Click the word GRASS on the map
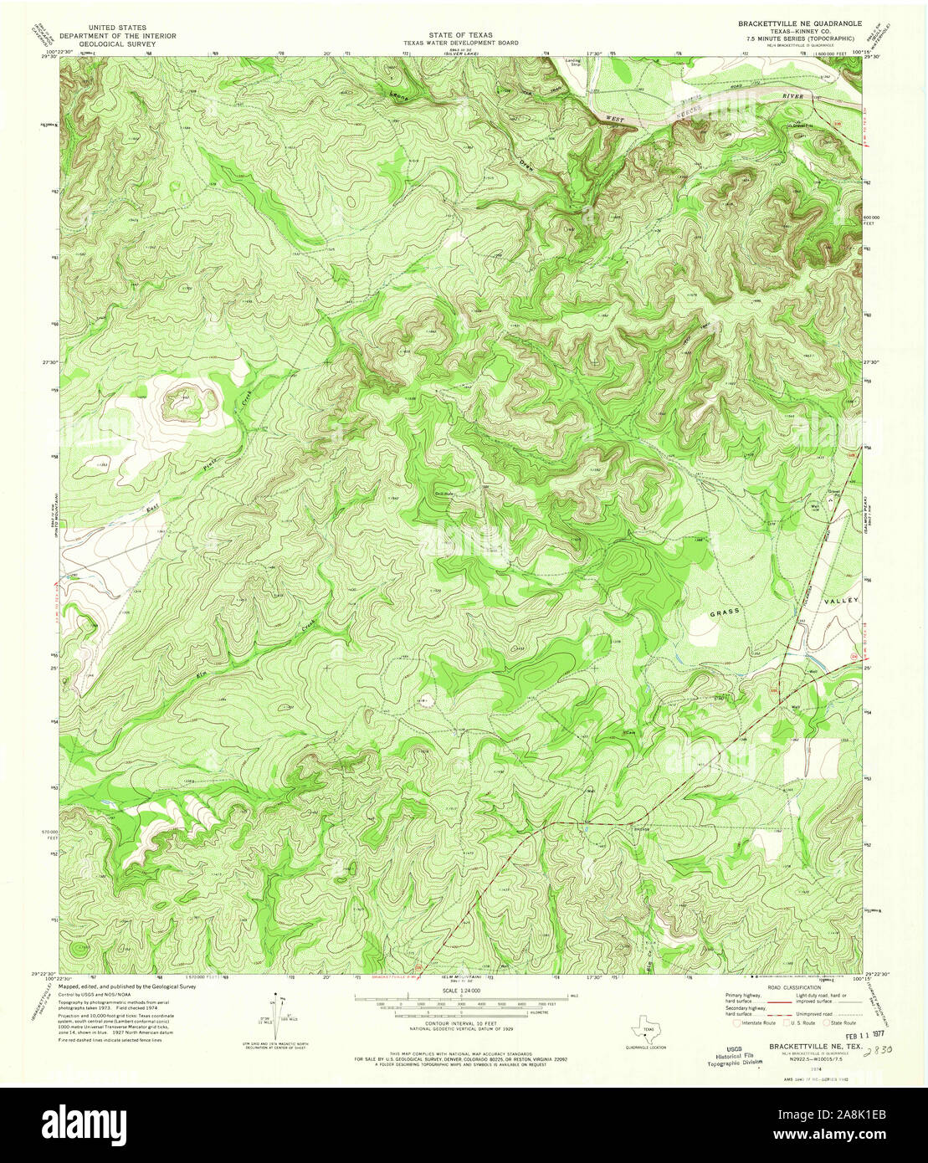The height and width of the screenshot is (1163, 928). [x=725, y=613]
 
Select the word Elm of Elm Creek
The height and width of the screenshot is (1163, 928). [x=202, y=672]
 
